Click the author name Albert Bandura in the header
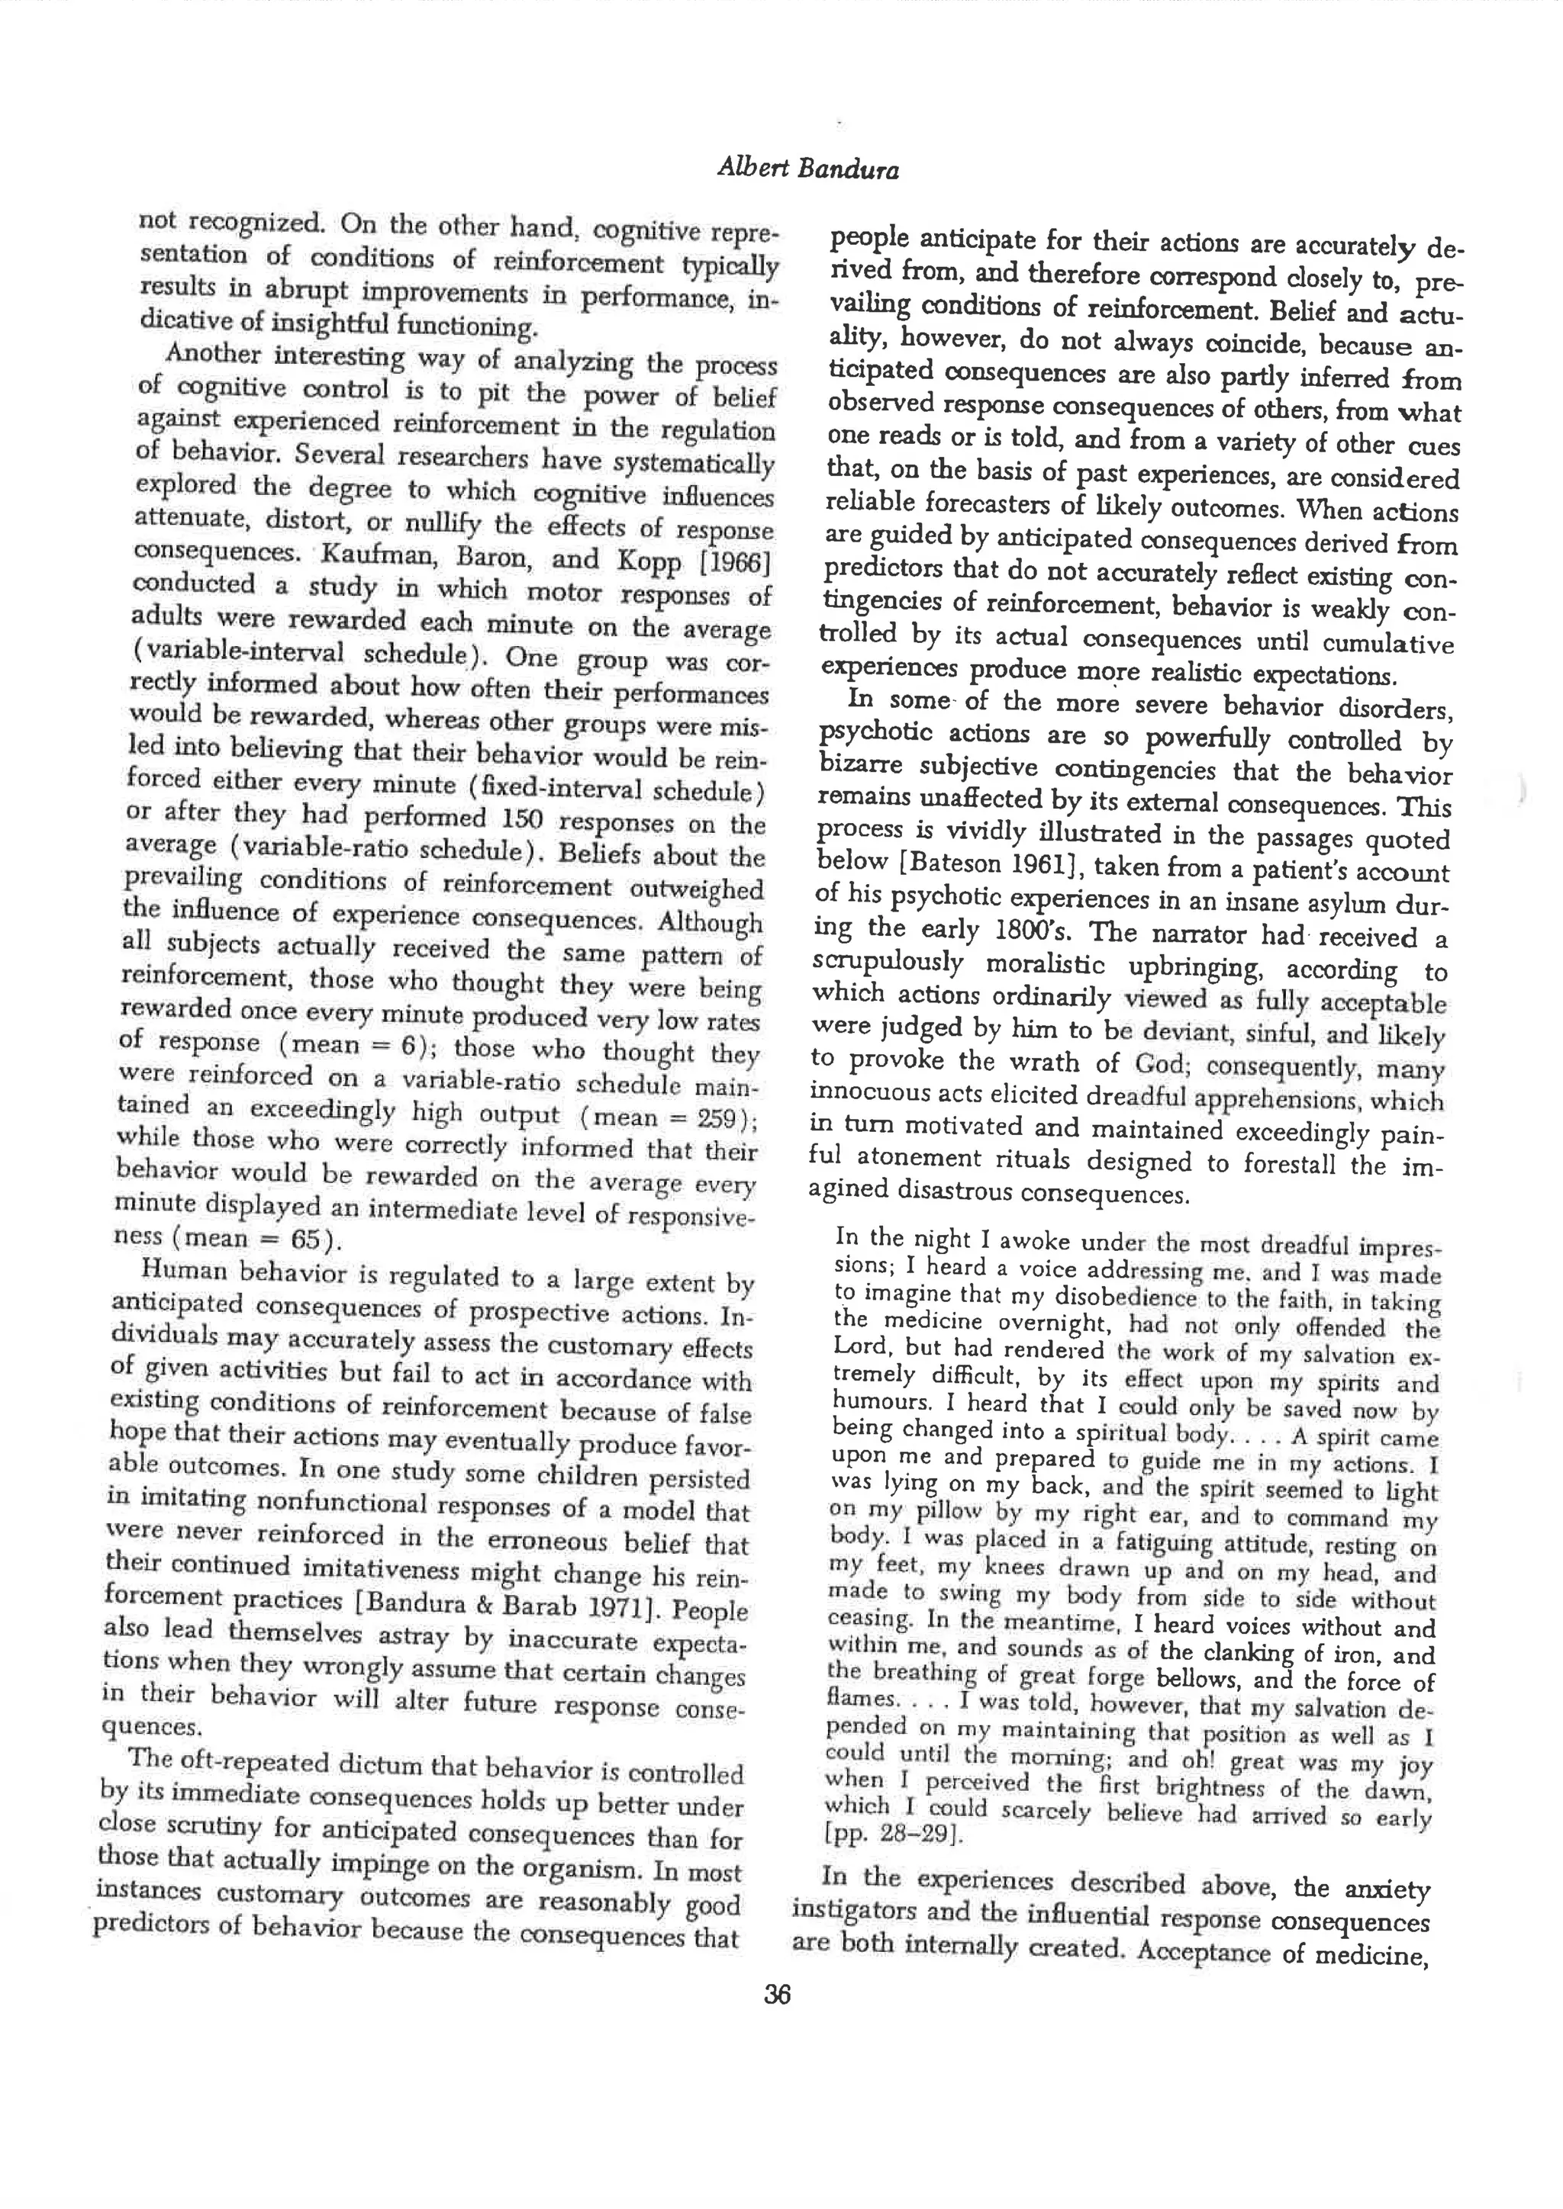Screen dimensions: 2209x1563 [x=807, y=169]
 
